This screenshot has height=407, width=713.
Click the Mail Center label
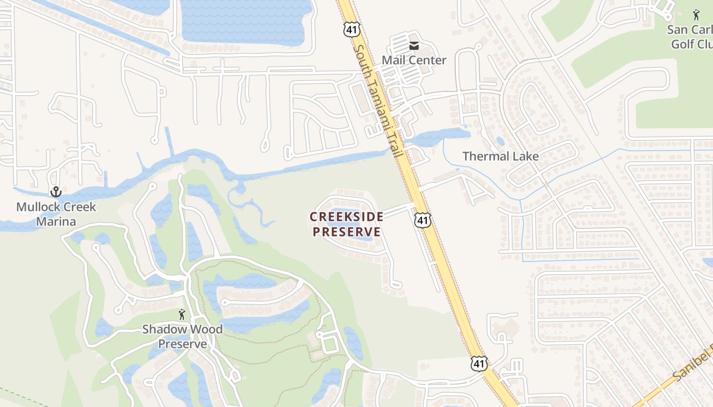pos(414,60)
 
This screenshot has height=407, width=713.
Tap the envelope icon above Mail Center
pos(414,46)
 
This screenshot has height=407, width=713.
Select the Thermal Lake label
pos(500,156)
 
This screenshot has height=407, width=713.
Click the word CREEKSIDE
pos(346,217)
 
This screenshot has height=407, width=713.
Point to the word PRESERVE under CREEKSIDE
pos(346,232)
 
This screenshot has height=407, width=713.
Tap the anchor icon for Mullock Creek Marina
pos(56,192)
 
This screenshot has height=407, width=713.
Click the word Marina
pos(56,221)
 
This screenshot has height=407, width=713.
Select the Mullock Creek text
pos(56,207)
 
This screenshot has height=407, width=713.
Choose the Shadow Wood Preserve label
pos(182,336)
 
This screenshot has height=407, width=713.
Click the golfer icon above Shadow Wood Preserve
pos(182,314)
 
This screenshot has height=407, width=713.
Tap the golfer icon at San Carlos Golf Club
pos(696,15)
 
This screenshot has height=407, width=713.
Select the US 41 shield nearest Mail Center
pos(351,29)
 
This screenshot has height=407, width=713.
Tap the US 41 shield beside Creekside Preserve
pos(422,220)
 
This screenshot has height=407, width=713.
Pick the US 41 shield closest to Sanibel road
pos(478,363)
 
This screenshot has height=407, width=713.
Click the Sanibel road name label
pos(693,365)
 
